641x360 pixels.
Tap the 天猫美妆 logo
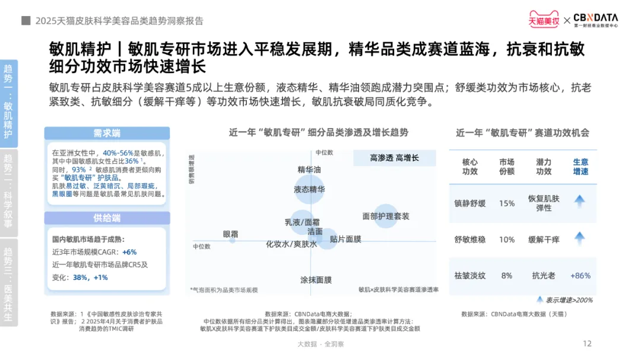coord(544,20)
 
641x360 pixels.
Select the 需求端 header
coord(107,133)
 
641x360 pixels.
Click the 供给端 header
coord(107,218)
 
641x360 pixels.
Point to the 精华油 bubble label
coord(309,170)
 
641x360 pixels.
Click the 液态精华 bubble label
coord(309,190)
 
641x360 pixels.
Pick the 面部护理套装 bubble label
coord(386,216)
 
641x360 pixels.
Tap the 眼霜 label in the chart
coord(230,234)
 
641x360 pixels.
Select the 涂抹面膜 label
coord(315,279)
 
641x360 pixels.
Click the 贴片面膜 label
coord(345,239)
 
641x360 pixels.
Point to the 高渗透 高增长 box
coord(394,158)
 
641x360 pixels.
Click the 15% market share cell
coord(507,203)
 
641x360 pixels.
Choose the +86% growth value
coord(580,276)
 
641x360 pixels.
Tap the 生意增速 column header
coord(580,167)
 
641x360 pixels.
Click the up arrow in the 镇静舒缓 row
coord(580,202)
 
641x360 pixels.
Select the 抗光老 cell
coord(544,276)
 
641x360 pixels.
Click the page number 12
coord(588,343)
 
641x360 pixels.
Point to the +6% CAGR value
coord(129,252)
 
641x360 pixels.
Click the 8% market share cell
coord(507,276)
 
